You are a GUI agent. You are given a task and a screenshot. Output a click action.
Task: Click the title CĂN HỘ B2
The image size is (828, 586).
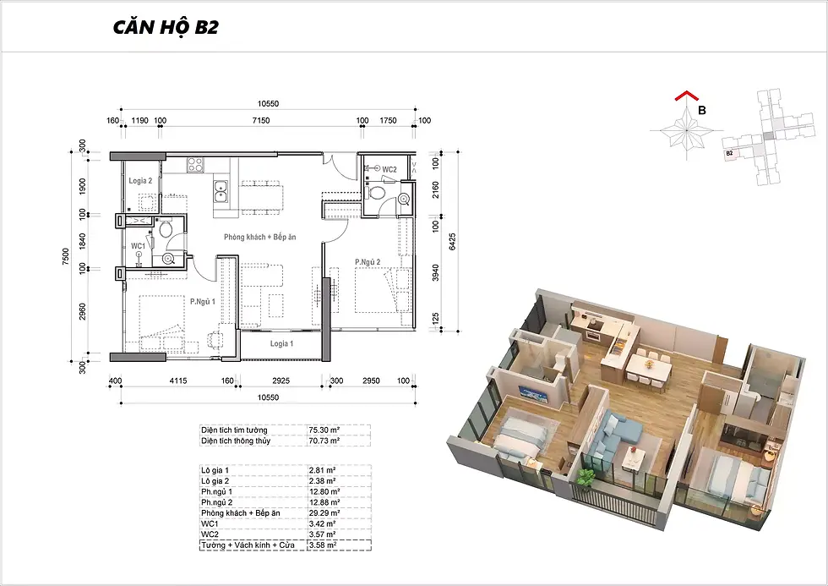point(166,27)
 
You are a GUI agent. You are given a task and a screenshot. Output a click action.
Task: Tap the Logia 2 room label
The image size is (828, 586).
point(140,181)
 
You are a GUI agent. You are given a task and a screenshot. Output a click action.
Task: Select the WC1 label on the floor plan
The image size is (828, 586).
point(138,246)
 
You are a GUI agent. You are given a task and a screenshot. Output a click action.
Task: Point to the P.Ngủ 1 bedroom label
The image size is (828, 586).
point(203,301)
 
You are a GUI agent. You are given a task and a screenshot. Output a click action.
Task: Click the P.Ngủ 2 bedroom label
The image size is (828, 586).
point(368,261)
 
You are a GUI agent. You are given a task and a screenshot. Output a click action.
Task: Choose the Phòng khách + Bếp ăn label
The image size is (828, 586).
point(260,237)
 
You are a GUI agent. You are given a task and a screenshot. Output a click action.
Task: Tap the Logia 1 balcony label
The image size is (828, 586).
point(282,343)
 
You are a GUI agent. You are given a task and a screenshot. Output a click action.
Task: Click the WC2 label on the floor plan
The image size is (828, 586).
point(389,170)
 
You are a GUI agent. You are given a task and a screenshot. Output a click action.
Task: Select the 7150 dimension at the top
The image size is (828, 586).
point(261,120)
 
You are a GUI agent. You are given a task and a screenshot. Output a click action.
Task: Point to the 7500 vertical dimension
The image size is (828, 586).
point(66,257)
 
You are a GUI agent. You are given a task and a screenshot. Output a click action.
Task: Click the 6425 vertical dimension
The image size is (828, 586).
point(452,242)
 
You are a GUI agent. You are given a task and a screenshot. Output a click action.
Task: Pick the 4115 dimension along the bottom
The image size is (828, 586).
point(177,381)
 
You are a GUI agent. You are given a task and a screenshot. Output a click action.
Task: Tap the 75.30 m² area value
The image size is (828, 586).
point(324,430)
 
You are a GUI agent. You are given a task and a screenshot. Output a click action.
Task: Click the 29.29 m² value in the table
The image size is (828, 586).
point(324,513)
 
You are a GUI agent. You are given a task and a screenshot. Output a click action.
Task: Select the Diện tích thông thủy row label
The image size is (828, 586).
point(236,441)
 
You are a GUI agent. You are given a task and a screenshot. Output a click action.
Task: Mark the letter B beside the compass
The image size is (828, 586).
point(702,111)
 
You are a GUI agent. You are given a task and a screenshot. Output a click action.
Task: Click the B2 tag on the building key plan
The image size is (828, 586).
point(729,153)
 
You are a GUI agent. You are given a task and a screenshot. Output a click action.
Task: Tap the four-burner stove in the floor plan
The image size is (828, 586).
point(195,165)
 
